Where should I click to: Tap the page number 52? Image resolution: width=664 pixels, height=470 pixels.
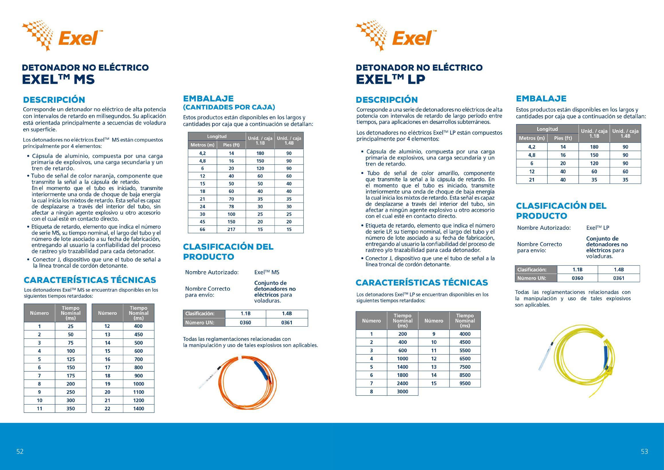pyautogui.click(x=20, y=451)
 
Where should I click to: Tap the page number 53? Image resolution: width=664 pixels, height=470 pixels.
pyautogui.click(x=644, y=451)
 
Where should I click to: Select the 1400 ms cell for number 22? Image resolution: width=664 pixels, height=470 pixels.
pyautogui.click(x=138, y=408)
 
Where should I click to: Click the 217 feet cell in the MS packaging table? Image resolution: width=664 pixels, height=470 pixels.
pyautogui.click(x=231, y=229)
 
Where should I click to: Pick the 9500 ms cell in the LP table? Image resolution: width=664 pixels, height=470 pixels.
pyautogui.click(x=465, y=383)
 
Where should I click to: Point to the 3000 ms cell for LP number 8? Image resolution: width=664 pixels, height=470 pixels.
pyautogui.click(x=402, y=392)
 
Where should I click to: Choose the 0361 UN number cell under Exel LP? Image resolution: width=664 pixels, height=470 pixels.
pyautogui.click(x=619, y=278)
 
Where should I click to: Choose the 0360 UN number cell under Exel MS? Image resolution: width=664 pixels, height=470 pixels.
pyautogui.click(x=245, y=323)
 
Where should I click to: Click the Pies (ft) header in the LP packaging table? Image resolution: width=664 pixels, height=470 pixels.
pyautogui.click(x=563, y=138)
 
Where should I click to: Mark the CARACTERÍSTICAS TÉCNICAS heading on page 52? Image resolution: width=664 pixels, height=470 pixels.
pyautogui.click(x=90, y=280)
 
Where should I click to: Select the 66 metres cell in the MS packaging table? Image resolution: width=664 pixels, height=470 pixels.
pyautogui.click(x=202, y=229)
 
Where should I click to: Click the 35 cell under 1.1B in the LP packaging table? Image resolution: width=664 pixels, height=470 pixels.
pyautogui.click(x=594, y=180)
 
